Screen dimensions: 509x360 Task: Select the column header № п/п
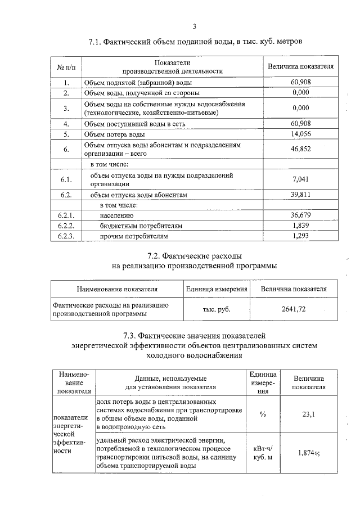point(65,66)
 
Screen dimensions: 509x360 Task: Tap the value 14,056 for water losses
point(301,134)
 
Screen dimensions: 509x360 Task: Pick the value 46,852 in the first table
point(301,148)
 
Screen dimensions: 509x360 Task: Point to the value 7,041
point(301,179)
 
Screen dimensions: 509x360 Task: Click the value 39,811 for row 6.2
point(301,194)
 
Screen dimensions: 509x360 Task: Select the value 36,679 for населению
point(301,215)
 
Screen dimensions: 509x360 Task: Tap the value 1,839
point(301,225)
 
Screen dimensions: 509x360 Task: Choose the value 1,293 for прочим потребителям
point(301,236)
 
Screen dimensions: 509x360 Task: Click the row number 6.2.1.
point(66,215)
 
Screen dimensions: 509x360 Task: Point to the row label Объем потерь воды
point(114,134)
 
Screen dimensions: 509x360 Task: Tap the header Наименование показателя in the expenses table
point(117,289)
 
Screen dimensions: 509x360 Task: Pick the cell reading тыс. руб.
point(217,309)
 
